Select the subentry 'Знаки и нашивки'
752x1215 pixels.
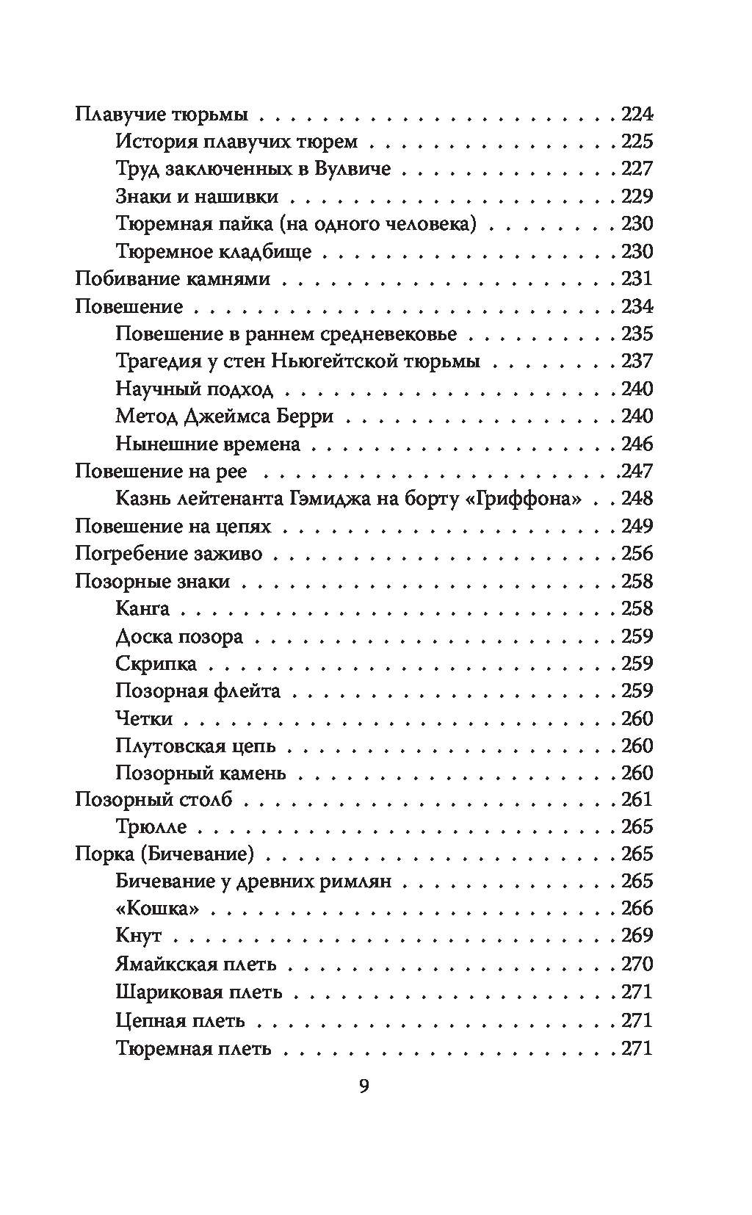pos(197,196)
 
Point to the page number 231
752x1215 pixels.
pos(637,279)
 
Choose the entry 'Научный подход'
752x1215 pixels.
pos(194,389)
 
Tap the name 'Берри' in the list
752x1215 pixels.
pos(306,417)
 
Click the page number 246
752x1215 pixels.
pos(637,444)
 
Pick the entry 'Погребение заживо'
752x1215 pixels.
pos(168,554)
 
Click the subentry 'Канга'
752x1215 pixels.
pos(142,609)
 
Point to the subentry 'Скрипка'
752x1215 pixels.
pos(156,664)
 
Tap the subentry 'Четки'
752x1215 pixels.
pos(144,718)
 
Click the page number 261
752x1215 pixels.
pos(637,799)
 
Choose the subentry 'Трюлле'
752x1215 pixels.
pos(151,827)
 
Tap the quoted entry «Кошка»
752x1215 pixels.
pos(157,909)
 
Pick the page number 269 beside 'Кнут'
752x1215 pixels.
pos(637,936)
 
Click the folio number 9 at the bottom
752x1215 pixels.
pos(364,1086)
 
